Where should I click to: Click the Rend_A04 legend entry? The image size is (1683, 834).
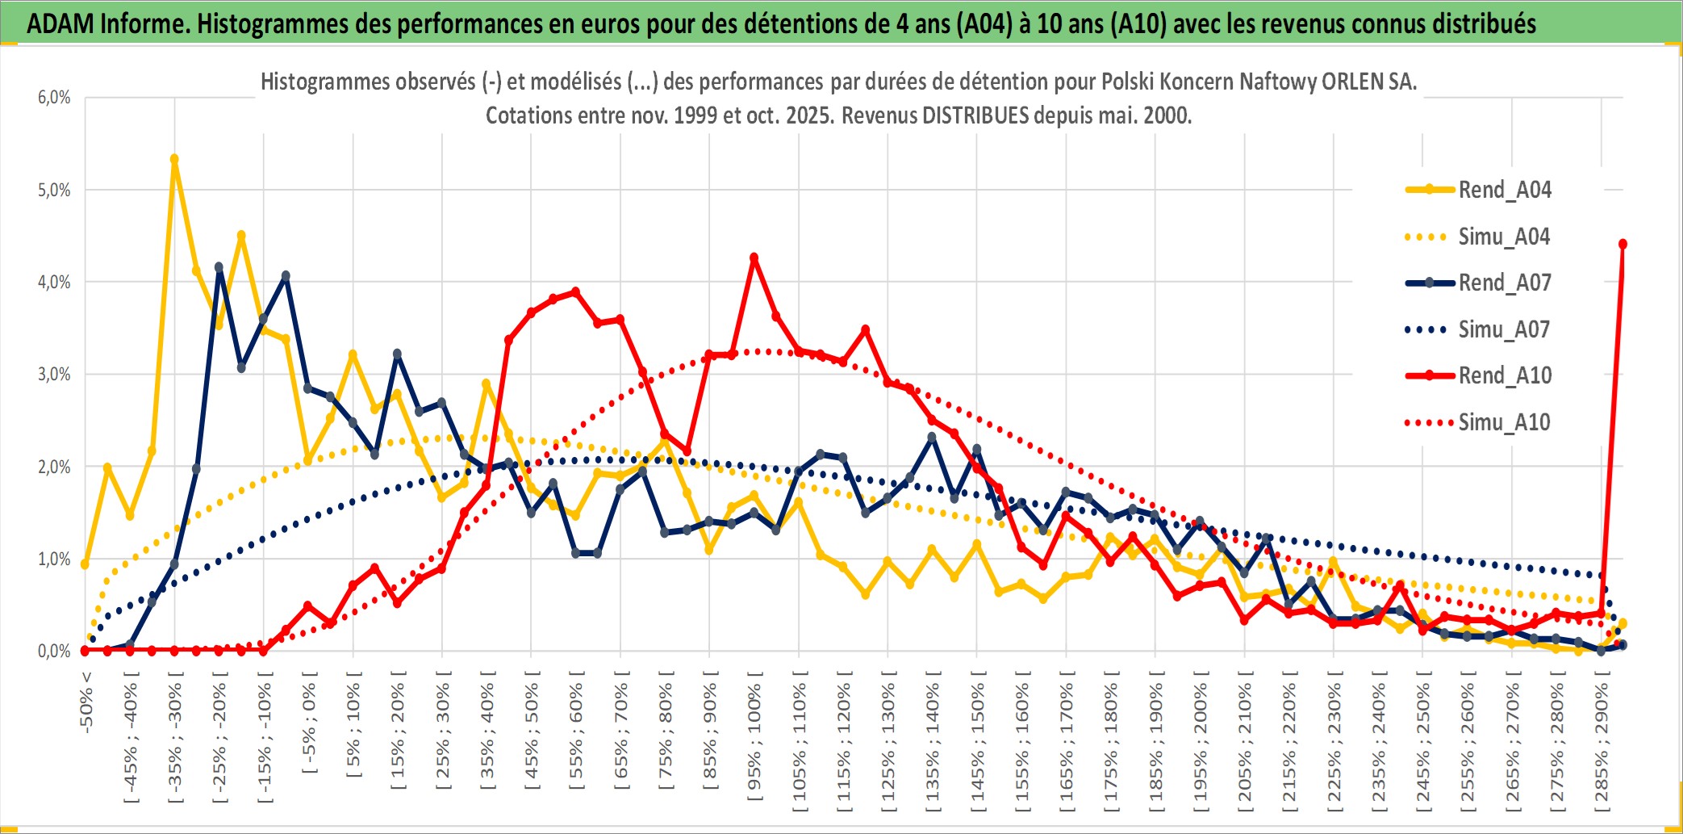[x=1505, y=190]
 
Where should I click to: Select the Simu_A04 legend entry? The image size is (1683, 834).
[x=1504, y=237]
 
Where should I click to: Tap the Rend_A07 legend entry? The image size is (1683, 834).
[x=1505, y=283]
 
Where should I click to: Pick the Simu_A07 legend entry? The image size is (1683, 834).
[x=1504, y=329]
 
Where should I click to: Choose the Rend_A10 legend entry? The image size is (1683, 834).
[x=1505, y=375]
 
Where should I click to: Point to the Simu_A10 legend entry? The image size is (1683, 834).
[x=1504, y=422]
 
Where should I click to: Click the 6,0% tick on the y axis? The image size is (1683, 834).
[x=54, y=98]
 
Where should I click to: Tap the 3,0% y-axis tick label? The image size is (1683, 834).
[x=54, y=375]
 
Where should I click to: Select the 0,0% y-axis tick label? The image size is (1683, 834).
[x=54, y=651]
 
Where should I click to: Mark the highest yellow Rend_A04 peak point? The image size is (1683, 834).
[x=174, y=159]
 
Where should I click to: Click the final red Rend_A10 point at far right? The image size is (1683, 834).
[x=1622, y=244]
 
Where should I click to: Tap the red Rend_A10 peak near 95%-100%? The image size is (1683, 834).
[x=754, y=258]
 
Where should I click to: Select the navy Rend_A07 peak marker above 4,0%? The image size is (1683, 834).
[x=219, y=266]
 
